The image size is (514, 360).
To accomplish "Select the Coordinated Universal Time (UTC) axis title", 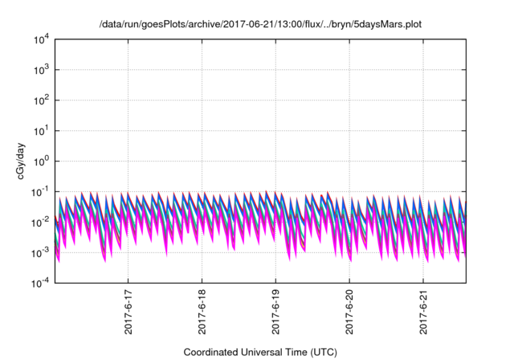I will (x=260, y=352).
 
